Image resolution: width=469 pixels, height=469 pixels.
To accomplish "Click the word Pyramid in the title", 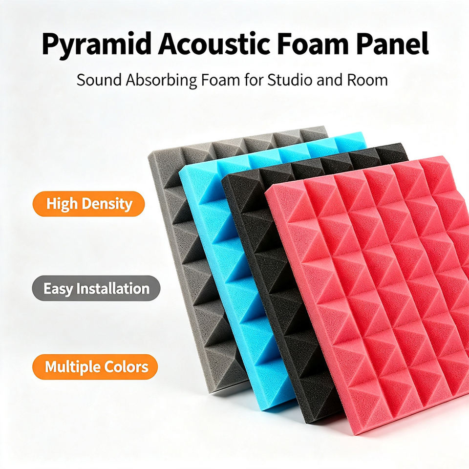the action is (96, 45).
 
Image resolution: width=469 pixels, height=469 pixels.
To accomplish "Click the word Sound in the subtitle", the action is (99, 80).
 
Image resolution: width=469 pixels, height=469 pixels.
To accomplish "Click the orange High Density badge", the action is (88, 204).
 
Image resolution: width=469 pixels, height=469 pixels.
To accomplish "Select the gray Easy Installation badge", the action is (96, 288).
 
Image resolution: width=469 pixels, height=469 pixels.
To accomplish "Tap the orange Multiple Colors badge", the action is (95, 367).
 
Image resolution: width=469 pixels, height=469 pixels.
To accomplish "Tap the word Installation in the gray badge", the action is (113, 288).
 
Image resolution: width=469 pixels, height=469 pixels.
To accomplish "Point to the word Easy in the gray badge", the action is (58, 289).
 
